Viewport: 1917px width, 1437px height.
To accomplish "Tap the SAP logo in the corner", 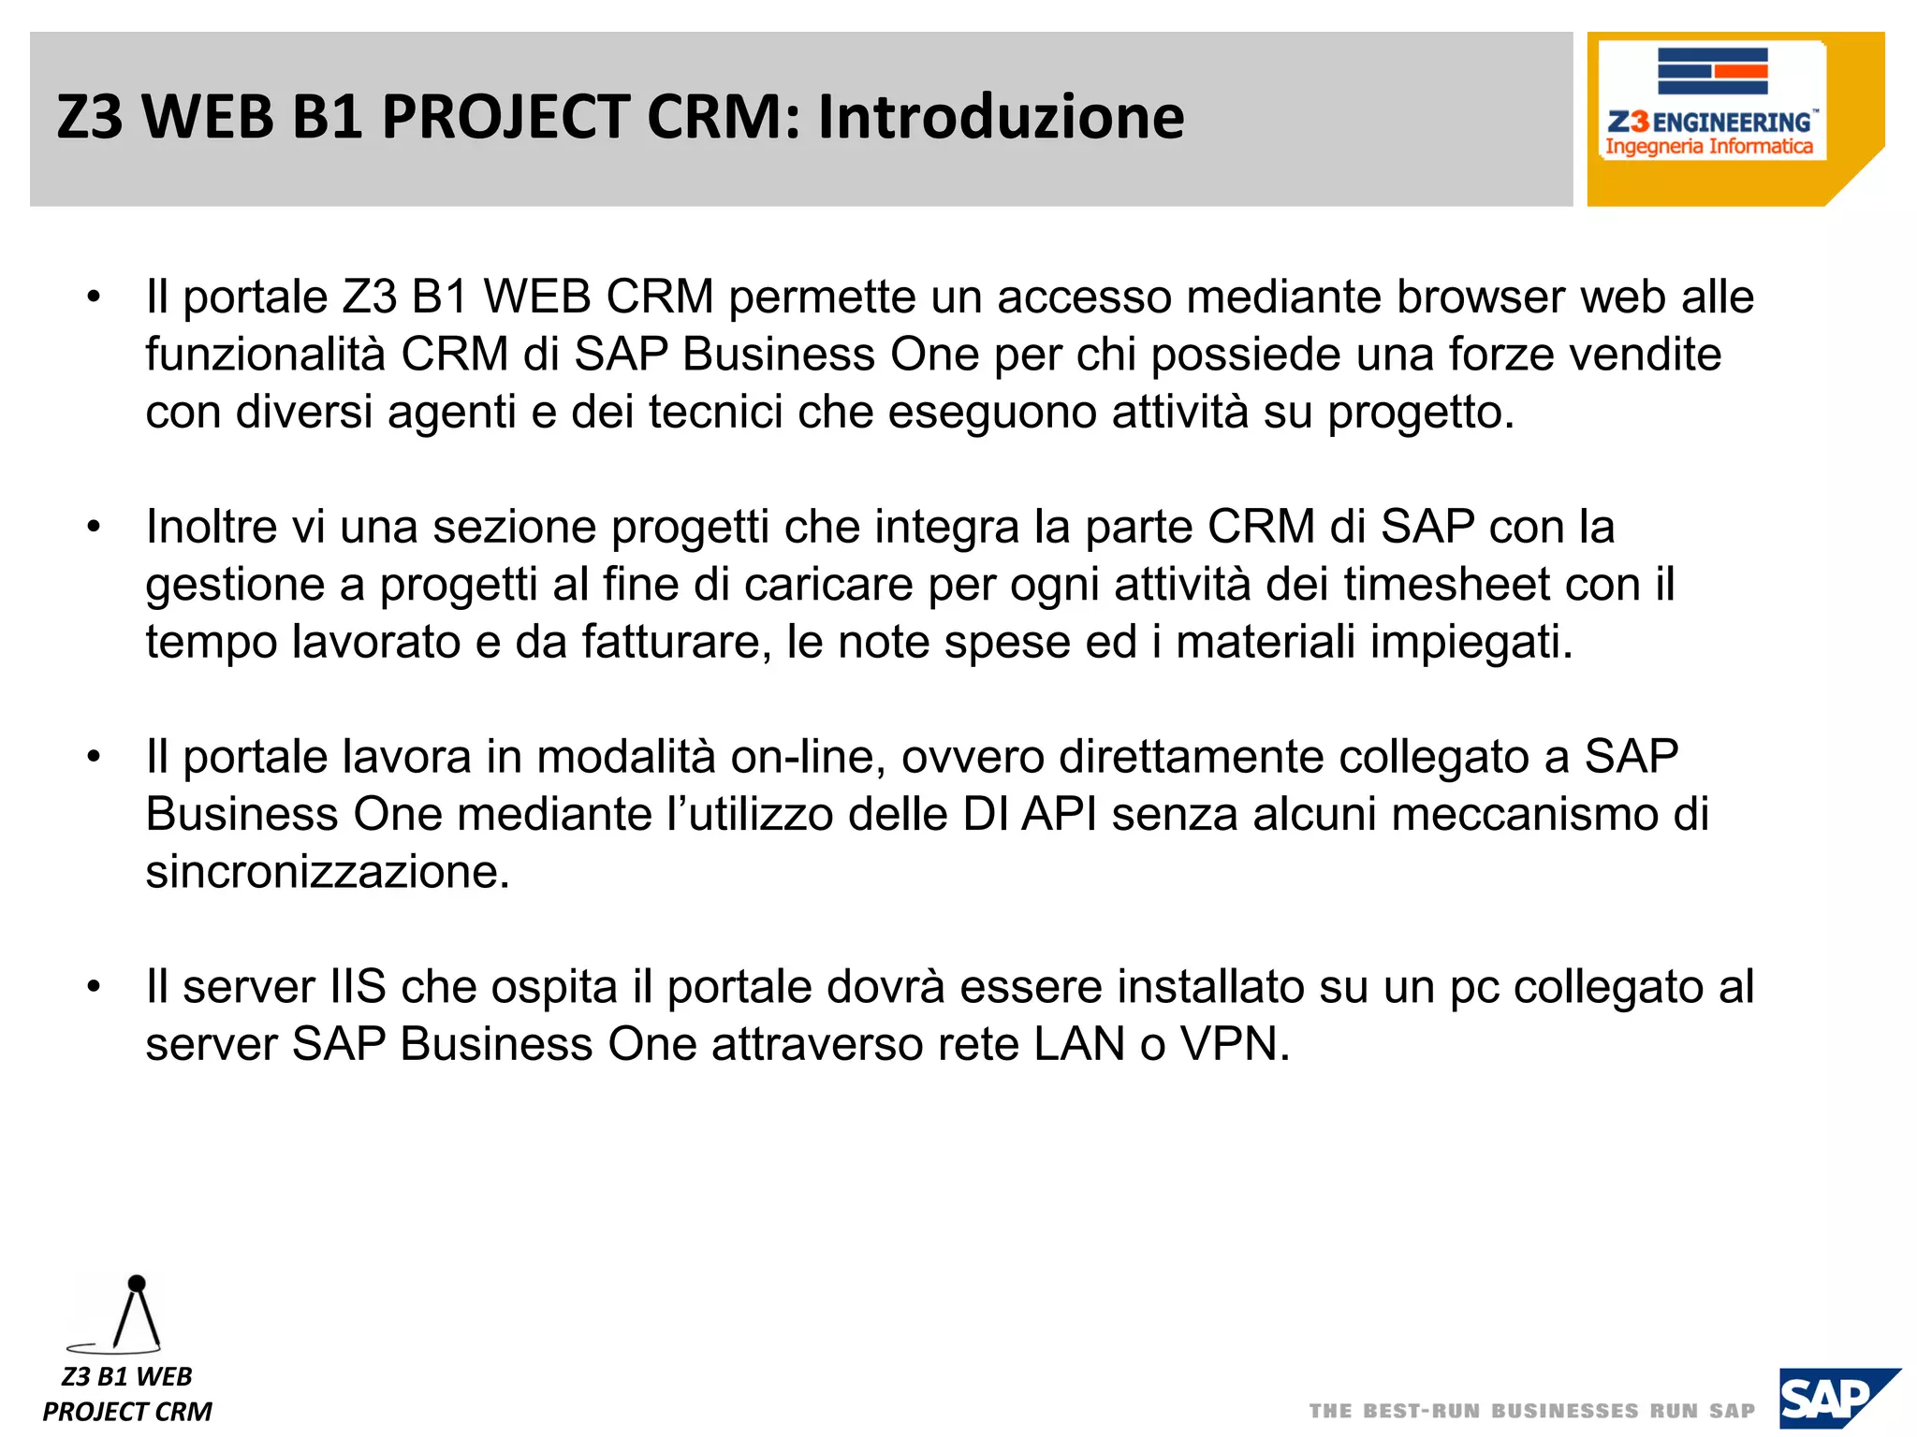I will (1837, 1400).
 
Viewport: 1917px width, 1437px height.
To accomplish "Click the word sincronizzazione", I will (328, 872).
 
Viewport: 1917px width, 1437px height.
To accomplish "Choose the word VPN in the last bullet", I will (1235, 1044).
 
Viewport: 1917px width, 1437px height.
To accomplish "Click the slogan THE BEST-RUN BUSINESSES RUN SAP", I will (1531, 1411).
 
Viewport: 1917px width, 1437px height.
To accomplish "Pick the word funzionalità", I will (265, 356).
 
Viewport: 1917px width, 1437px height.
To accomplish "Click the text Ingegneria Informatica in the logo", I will (1708, 147).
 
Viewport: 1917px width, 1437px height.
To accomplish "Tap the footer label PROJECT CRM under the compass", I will (127, 1411).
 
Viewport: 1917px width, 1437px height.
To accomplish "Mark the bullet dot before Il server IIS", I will (93, 988).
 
